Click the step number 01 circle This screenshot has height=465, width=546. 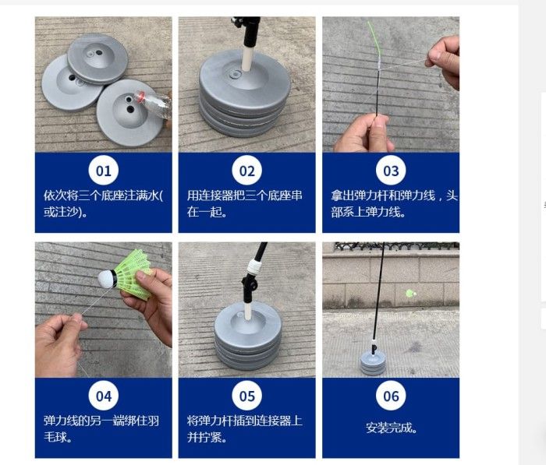(104, 171)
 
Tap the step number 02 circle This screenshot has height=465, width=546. (247, 171)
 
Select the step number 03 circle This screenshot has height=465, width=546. (391, 171)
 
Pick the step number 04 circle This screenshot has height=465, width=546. (104, 396)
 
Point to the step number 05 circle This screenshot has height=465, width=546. (247, 396)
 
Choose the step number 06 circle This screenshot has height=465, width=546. (391, 396)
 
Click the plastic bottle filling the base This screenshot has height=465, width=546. (154, 104)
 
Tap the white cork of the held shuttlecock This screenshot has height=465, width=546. (105, 279)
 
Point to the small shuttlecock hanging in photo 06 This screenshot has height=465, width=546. (411, 293)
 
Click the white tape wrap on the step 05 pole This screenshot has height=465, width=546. (254, 267)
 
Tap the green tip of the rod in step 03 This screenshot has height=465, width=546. (374, 39)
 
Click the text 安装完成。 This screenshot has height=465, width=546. (392, 428)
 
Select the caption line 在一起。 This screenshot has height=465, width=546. (207, 211)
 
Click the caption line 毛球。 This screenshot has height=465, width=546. (58, 437)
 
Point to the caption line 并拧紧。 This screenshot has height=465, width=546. (207, 437)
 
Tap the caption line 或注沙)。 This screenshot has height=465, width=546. (66, 211)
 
